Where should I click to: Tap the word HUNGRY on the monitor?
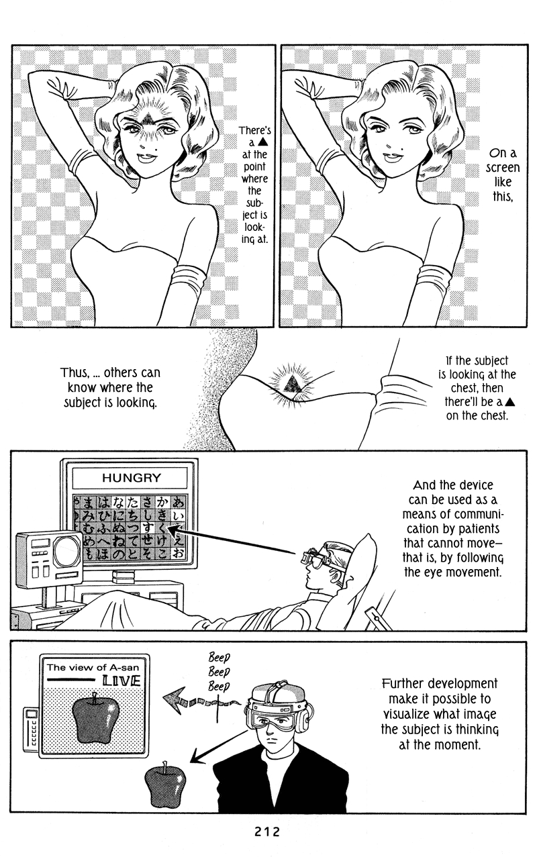coord(132,478)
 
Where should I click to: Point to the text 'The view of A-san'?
coord(93,667)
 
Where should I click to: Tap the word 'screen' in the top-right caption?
coord(503,168)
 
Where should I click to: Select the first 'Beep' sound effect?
coord(219,657)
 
